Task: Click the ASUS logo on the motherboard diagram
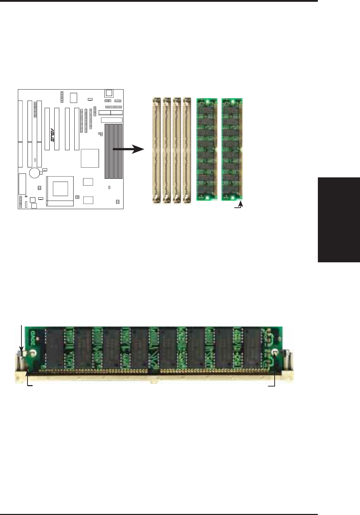[52, 135]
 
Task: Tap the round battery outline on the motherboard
[35, 173]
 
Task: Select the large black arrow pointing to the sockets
[129, 149]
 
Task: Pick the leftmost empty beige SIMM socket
[156, 151]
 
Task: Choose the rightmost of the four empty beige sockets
[187, 151]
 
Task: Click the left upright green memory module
[207, 149]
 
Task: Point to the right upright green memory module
[232, 149]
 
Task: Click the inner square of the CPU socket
[60, 188]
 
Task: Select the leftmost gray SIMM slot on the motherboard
[107, 151]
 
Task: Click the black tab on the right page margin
[339, 219]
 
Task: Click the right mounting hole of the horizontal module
[274, 353]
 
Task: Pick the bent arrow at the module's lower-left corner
[28, 380]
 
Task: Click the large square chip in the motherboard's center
[90, 158]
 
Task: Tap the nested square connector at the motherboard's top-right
[109, 93]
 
